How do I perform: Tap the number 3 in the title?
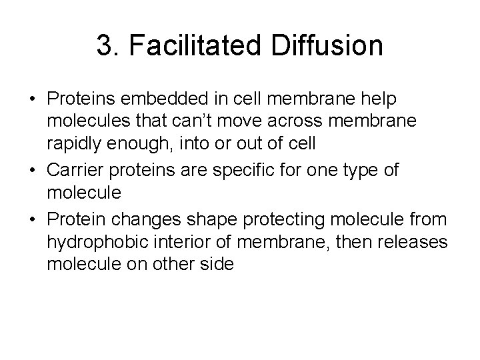[104, 47]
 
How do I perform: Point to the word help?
[378, 99]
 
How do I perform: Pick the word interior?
[173, 241]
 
